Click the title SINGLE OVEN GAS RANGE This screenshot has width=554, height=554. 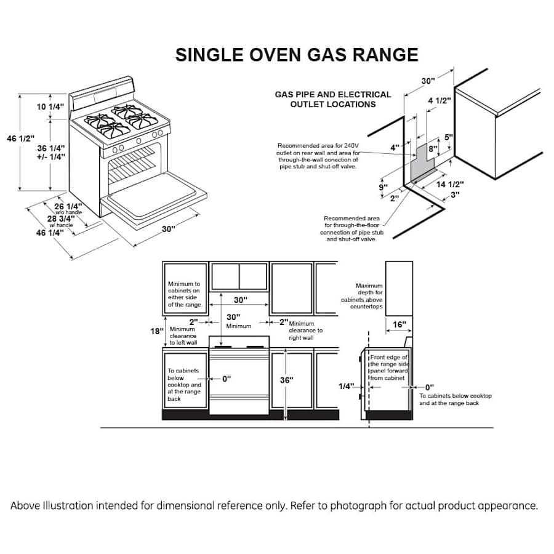[297, 54]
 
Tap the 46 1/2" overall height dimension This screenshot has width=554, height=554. [21, 139]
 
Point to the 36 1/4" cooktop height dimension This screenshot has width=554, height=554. [50, 152]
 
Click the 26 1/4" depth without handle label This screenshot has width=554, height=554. [68, 206]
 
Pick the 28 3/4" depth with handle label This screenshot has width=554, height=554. [61, 219]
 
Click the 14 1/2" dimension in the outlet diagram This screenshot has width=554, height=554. [450, 184]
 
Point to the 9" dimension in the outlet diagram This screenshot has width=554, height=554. [383, 187]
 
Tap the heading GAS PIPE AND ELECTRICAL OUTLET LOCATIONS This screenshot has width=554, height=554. [333, 99]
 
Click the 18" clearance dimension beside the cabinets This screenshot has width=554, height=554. [157, 331]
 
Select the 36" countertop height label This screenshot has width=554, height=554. [286, 380]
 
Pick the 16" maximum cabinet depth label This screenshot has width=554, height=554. [399, 324]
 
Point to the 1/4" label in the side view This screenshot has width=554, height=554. [346, 386]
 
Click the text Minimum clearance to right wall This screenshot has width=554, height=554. [305, 331]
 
